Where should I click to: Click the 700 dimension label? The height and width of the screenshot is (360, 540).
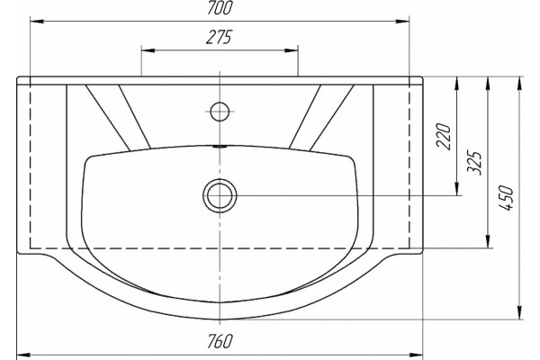point(220,8)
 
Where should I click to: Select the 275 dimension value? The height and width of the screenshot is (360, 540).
point(220,37)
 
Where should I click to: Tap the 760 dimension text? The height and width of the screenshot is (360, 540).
point(220,341)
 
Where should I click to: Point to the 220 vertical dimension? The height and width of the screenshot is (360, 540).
point(444,136)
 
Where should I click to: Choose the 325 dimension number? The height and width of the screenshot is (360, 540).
point(474,163)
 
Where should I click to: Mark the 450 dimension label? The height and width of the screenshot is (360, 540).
point(506,198)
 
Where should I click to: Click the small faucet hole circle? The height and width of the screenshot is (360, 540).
point(220,112)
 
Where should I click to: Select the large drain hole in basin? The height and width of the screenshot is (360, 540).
point(220,195)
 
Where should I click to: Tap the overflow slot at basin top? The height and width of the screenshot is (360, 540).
point(220,147)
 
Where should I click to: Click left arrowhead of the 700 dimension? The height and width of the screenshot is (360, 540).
point(37,22)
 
